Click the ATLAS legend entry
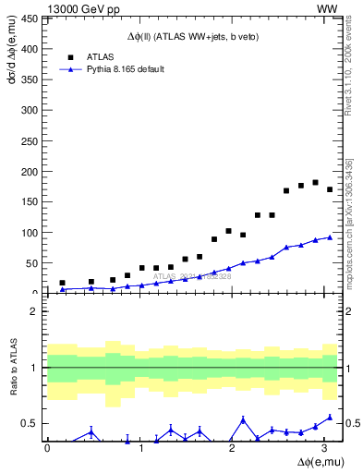100,56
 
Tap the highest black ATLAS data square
316,182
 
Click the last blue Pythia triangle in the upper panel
330,237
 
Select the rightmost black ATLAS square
330,189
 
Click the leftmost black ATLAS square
62,283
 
